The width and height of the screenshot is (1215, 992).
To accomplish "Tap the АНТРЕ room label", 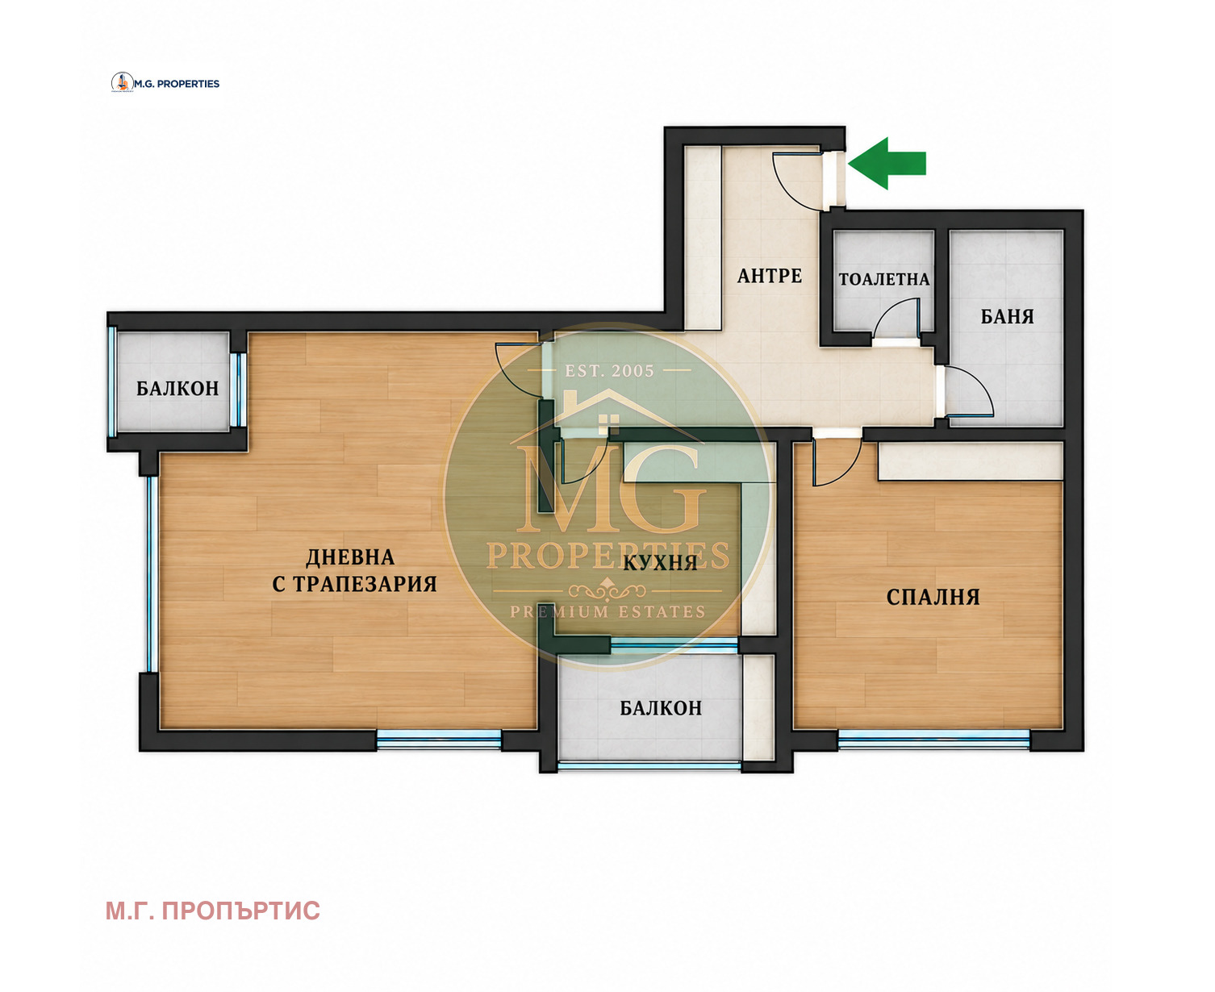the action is click(x=769, y=276).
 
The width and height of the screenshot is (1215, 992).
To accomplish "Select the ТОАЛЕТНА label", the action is click(x=883, y=279).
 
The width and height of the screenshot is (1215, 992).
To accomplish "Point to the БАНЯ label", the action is click(x=1007, y=316).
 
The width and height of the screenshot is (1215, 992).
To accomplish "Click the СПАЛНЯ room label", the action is click(x=933, y=597).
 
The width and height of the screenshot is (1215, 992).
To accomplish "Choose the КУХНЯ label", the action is click(x=660, y=562).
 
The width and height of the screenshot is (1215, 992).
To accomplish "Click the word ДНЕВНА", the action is click(x=350, y=557).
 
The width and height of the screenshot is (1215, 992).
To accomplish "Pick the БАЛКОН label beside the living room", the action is click(x=177, y=388).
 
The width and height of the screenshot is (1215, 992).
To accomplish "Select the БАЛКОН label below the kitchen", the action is click(x=661, y=708).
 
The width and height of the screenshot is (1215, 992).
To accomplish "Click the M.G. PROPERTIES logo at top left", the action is click(x=165, y=83).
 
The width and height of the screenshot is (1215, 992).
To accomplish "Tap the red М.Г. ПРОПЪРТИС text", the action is click(x=212, y=911).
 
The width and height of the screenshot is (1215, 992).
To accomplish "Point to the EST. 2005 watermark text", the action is click(x=609, y=371).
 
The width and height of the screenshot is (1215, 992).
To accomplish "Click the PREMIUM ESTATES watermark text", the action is click(x=607, y=611).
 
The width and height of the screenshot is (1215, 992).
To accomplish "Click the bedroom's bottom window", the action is click(x=933, y=739).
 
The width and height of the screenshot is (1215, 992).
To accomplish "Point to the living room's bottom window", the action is click(x=439, y=740).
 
